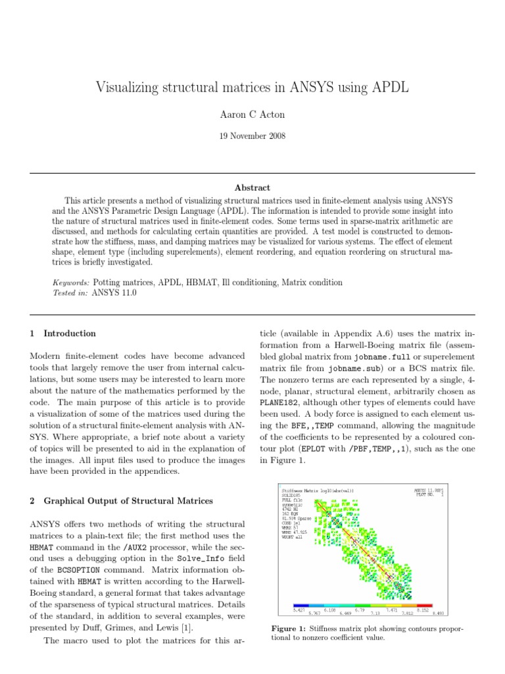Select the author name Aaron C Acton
click(252, 115)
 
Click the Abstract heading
click(252, 188)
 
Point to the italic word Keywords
click(71, 282)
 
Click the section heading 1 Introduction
click(62, 333)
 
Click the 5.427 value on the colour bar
click(299, 609)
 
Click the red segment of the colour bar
click(424, 604)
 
